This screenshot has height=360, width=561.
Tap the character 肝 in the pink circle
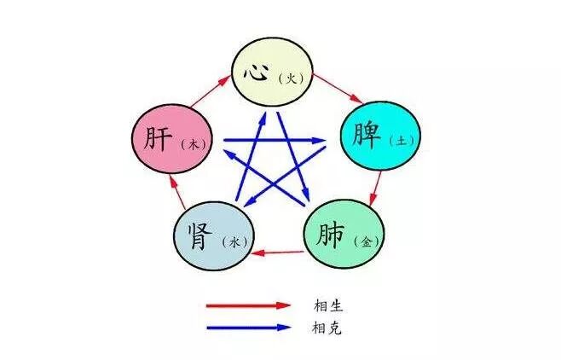click(x=159, y=139)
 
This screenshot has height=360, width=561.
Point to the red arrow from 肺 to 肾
click(x=280, y=252)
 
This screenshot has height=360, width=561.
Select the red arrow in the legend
click(x=248, y=305)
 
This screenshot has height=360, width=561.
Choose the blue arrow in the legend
click(x=248, y=327)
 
